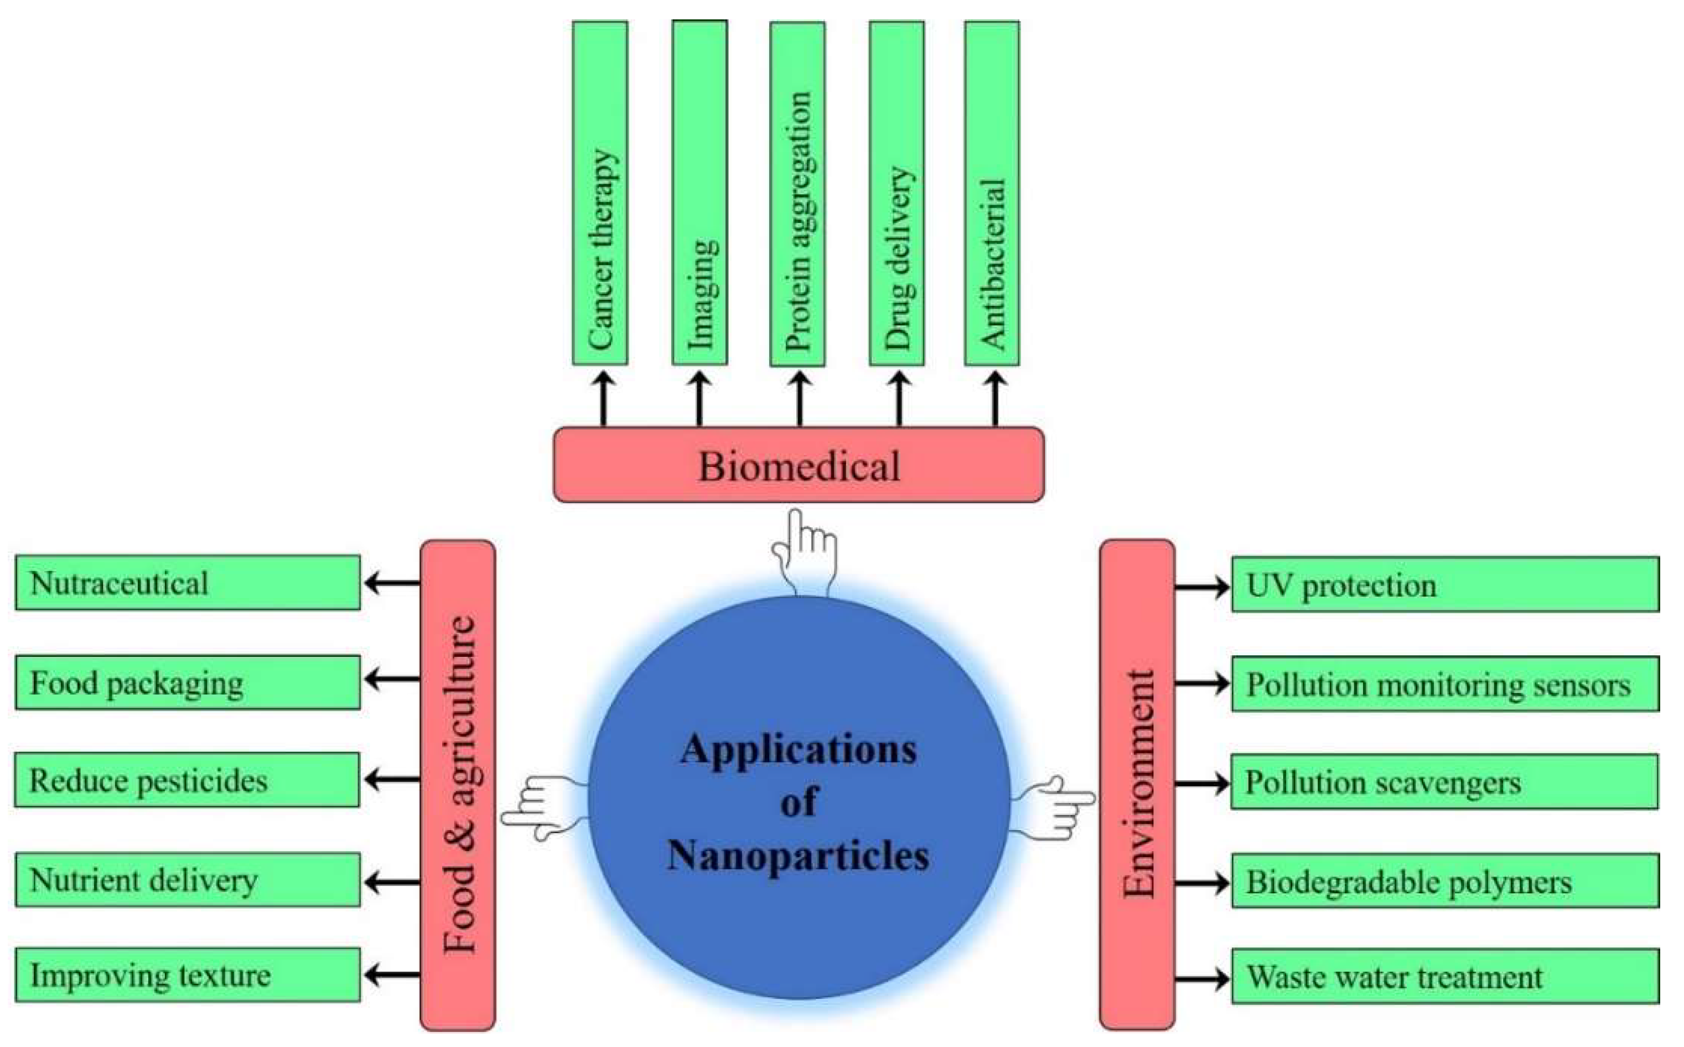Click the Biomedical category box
coord(799,465)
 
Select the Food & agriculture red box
coord(458,785)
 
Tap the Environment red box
coord(1137,785)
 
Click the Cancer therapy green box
coord(600,193)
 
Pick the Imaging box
coord(699,193)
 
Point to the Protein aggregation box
coord(797,194)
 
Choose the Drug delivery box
coord(897,194)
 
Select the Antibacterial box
coord(992,194)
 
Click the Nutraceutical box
coord(188,583)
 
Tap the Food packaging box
coord(188,683)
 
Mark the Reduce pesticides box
coord(187,780)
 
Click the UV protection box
coord(1445,585)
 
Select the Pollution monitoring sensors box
coord(1445,685)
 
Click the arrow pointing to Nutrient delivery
coord(392,882)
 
